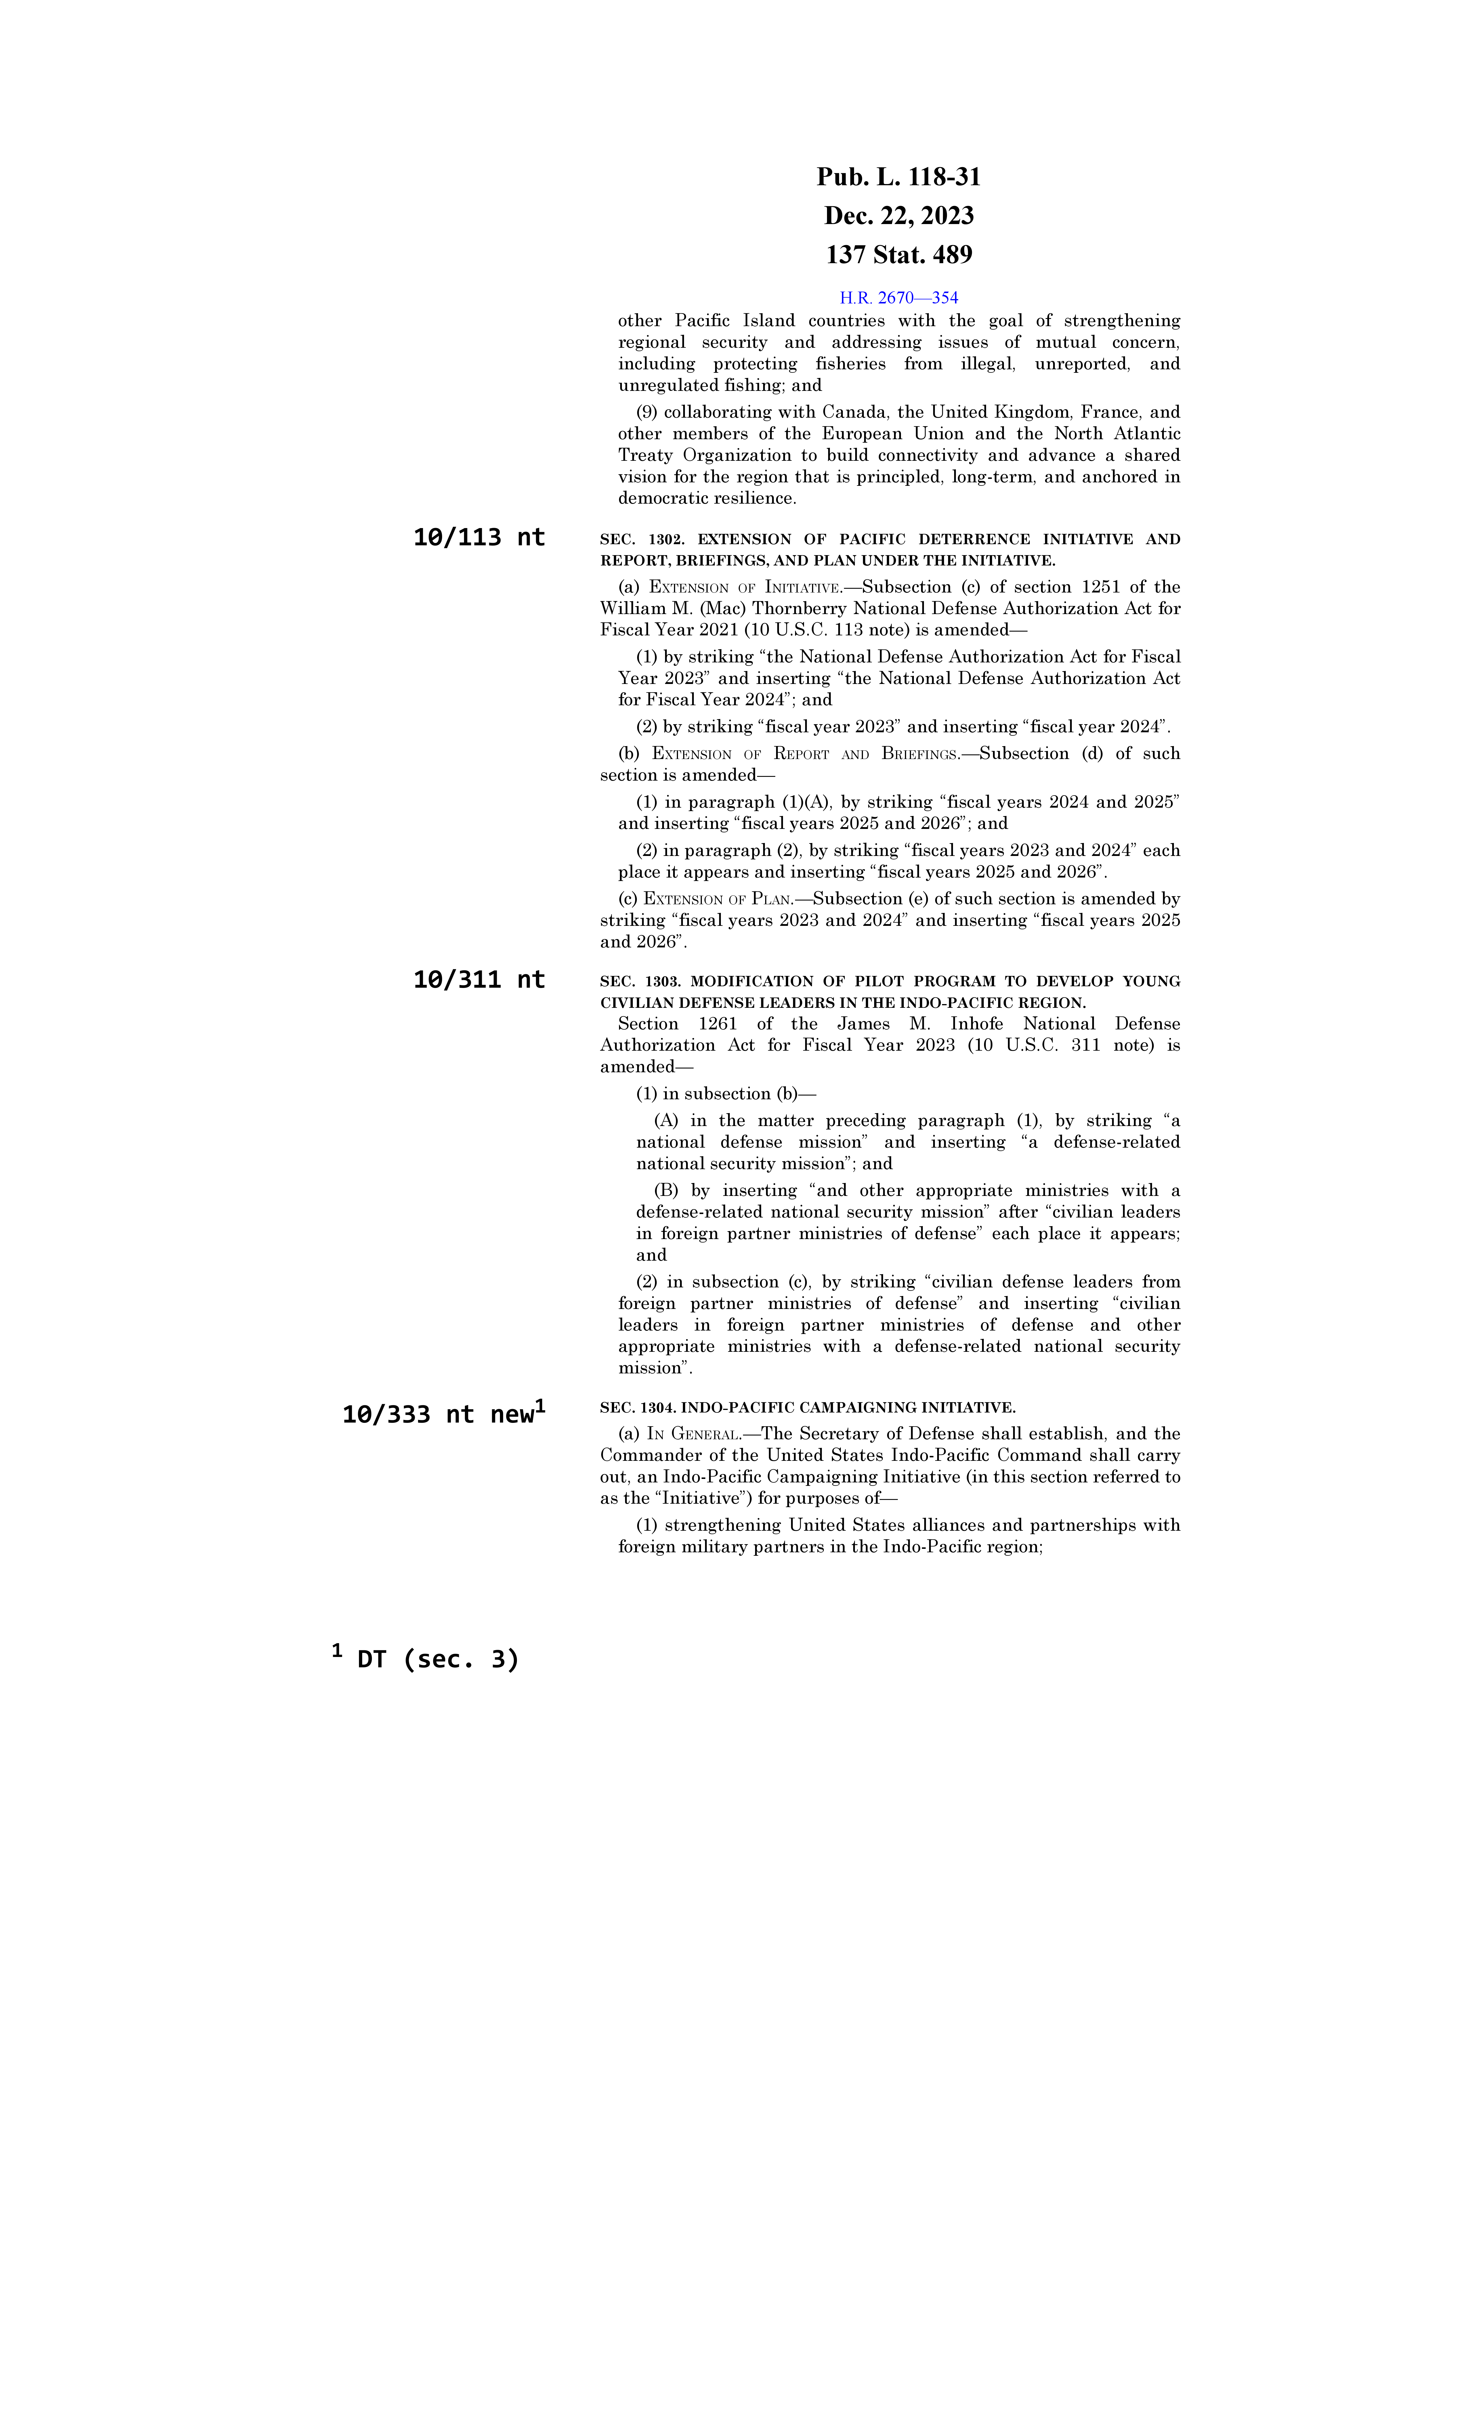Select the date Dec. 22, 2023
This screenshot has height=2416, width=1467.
coord(898,216)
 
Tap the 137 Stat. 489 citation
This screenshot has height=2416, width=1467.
coord(898,255)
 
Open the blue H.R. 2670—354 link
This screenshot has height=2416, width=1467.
coord(898,297)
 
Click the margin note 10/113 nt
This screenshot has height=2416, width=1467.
coord(479,537)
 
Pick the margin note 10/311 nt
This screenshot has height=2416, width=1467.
coord(479,980)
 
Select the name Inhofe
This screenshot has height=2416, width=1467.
coord(976,1024)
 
